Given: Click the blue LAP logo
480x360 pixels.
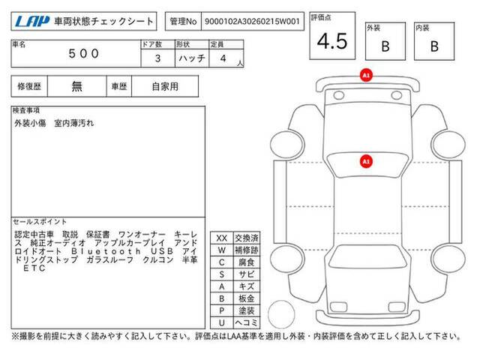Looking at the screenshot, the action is coord(32,21).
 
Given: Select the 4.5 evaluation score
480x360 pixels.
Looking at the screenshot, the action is coord(332,41).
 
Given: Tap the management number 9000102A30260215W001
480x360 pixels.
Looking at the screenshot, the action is coord(252,22).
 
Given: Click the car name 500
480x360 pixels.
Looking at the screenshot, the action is coord(83,54).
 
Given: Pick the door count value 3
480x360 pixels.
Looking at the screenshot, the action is coord(157,58).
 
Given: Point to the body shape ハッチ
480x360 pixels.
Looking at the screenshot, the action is coord(192,58).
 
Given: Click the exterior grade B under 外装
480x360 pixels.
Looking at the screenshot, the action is coord(385,46).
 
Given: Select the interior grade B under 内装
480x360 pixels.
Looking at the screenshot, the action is coord(434,46).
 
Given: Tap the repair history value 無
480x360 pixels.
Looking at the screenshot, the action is coord(76,86).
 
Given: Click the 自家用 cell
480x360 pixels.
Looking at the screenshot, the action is coord(165,87).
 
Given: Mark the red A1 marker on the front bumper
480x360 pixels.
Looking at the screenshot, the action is coord(366,75).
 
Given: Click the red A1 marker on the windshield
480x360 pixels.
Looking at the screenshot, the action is coord(366,161).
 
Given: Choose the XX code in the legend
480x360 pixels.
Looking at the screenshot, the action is coord(222,238).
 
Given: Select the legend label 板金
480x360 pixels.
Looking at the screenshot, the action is coord(247,298).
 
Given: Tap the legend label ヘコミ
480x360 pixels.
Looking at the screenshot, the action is coord(247,322).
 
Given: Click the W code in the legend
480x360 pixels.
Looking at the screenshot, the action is coord(222,250).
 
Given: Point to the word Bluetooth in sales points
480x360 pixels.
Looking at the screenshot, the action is coord(106,251).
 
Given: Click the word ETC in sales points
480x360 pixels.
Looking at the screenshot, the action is coord(34,268).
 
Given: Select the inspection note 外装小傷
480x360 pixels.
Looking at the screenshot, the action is coord(30,123).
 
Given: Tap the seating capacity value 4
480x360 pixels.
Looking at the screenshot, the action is coord(223,58).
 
